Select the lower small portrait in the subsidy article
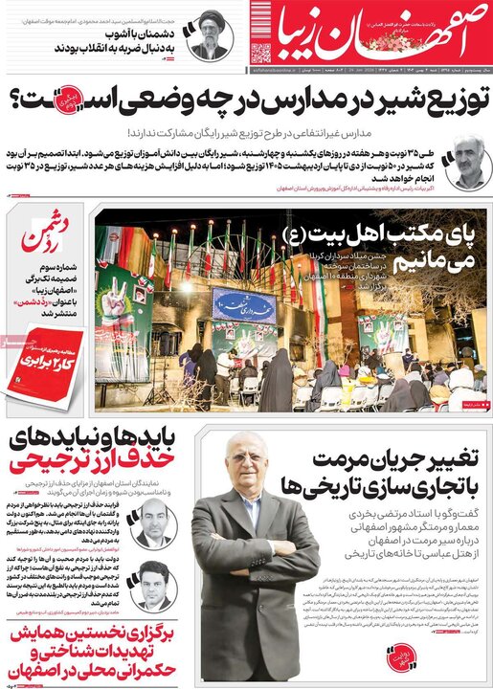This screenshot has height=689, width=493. pos(153,585)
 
